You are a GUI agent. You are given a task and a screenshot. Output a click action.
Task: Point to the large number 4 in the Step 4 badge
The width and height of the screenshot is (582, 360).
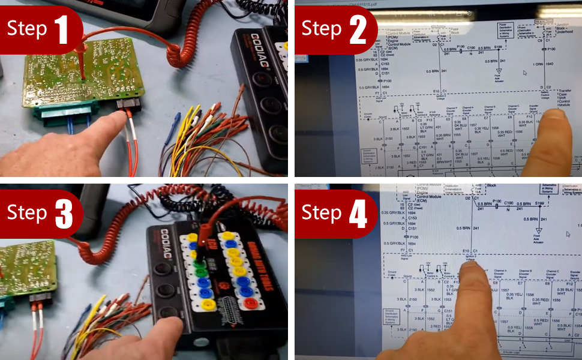click(358, 213)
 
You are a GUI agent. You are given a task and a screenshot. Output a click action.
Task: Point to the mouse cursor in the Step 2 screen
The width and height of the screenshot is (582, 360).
click(525, 73)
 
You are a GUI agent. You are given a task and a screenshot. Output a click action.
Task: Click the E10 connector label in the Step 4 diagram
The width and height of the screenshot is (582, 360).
click(465, 250)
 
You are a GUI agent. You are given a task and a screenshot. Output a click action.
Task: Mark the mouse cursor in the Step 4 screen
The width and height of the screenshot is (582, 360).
click(568, 234)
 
